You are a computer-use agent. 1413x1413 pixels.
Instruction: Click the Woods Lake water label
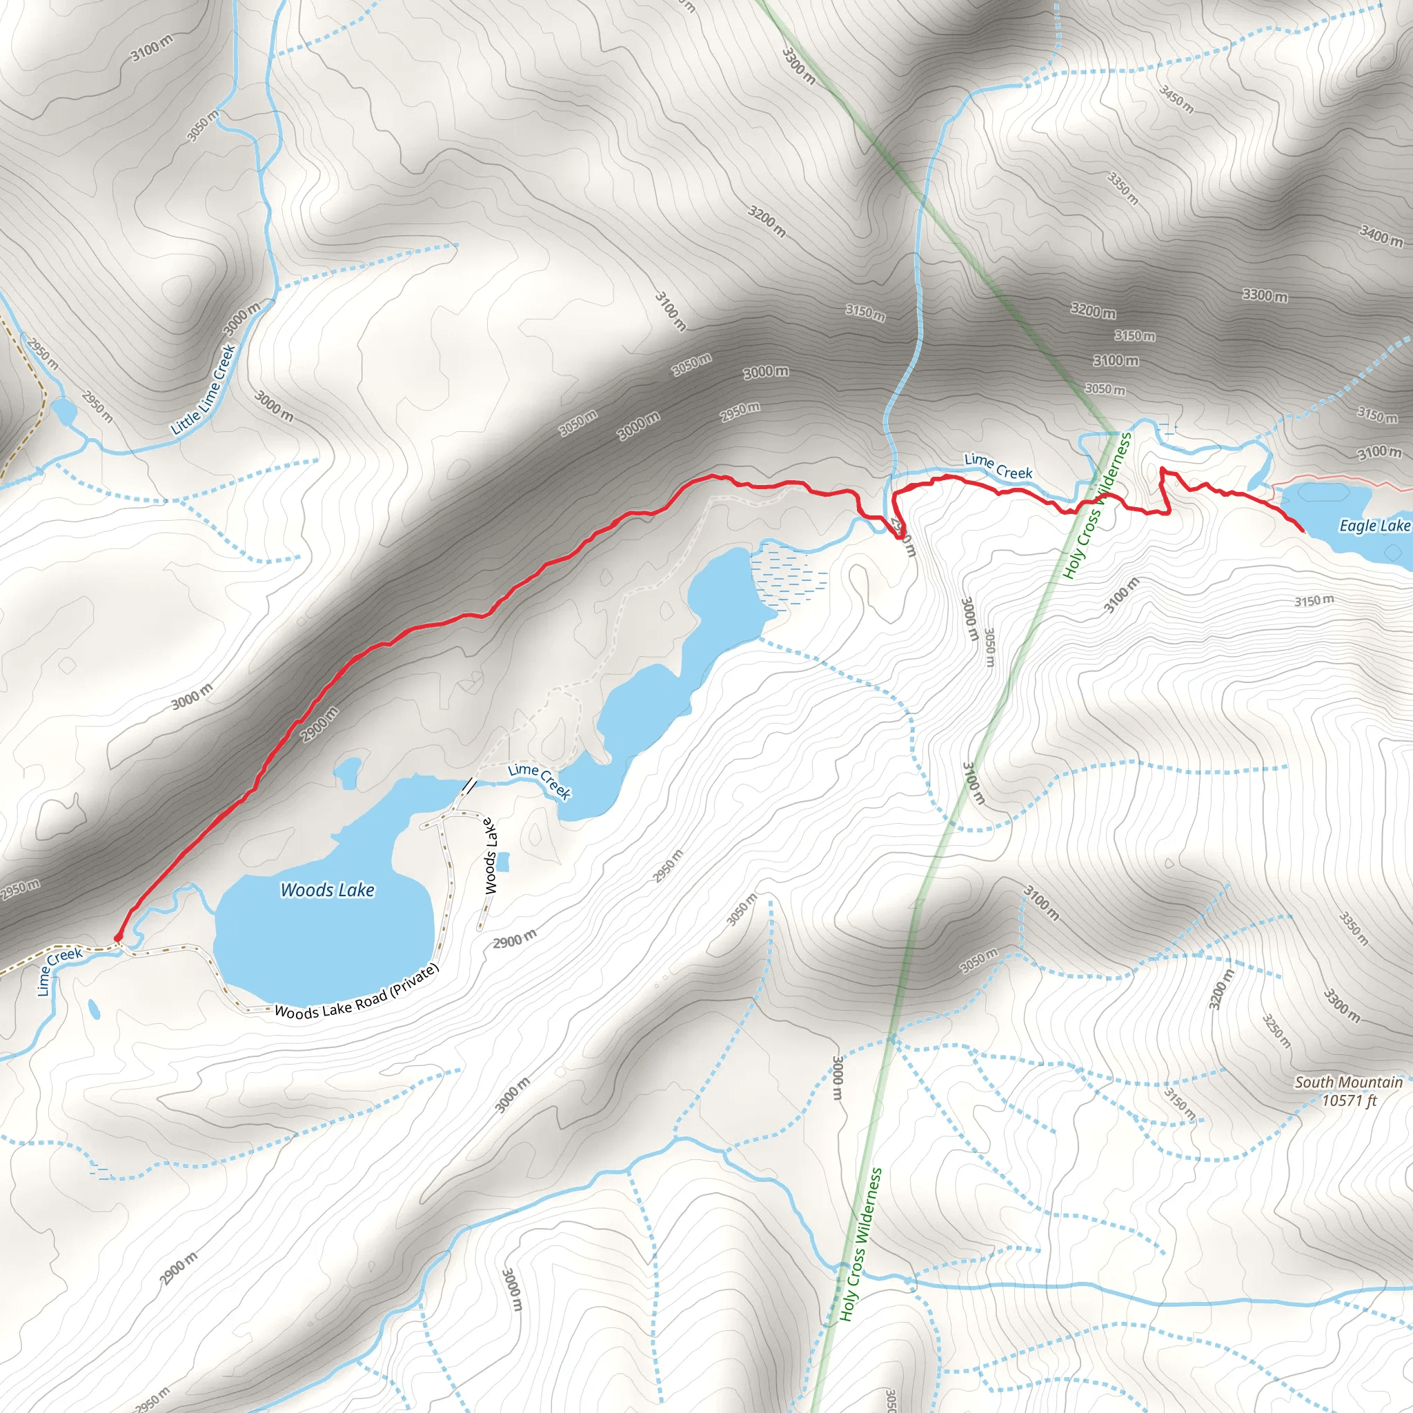pyautogui.click(x=328, y=890)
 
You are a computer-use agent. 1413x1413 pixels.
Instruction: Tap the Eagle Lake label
pyautogui.click(x=1374, y=526)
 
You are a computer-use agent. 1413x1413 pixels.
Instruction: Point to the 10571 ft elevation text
pyautogui.click(x=1349, y=1100)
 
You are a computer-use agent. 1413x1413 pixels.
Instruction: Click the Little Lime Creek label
pyautogui.click(x=204, y=391)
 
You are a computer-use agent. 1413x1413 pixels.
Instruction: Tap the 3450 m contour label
pyautogui.click(x=1177, y=99)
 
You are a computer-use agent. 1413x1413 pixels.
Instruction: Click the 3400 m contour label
pyautogui.click(x=1381, y=235)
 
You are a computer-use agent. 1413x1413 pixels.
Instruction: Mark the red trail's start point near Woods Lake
pyautogui.click(x=118, y=937)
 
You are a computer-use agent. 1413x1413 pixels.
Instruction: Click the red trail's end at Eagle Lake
pyautogui.click(x=1303, y=529)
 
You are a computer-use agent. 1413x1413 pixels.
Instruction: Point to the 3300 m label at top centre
pyautogui.click(x=798, y=65)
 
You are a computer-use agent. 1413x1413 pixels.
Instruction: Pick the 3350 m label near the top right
pyautogui.click(x=1123, y=188)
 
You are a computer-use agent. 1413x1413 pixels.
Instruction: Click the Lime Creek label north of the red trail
pyautogui.click(x=998, y=466)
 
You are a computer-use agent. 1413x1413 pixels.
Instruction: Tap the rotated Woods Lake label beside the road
pyautogui.click(x=491, y=856)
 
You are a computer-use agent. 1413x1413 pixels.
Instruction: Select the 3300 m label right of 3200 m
pyautogui.click(x=1265, y=295)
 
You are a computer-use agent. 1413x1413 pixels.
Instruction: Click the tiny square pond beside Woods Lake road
pyautogui.click(x=503, y=862)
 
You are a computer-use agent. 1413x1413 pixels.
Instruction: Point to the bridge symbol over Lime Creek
pyautogui.click(x=468, y=787)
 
